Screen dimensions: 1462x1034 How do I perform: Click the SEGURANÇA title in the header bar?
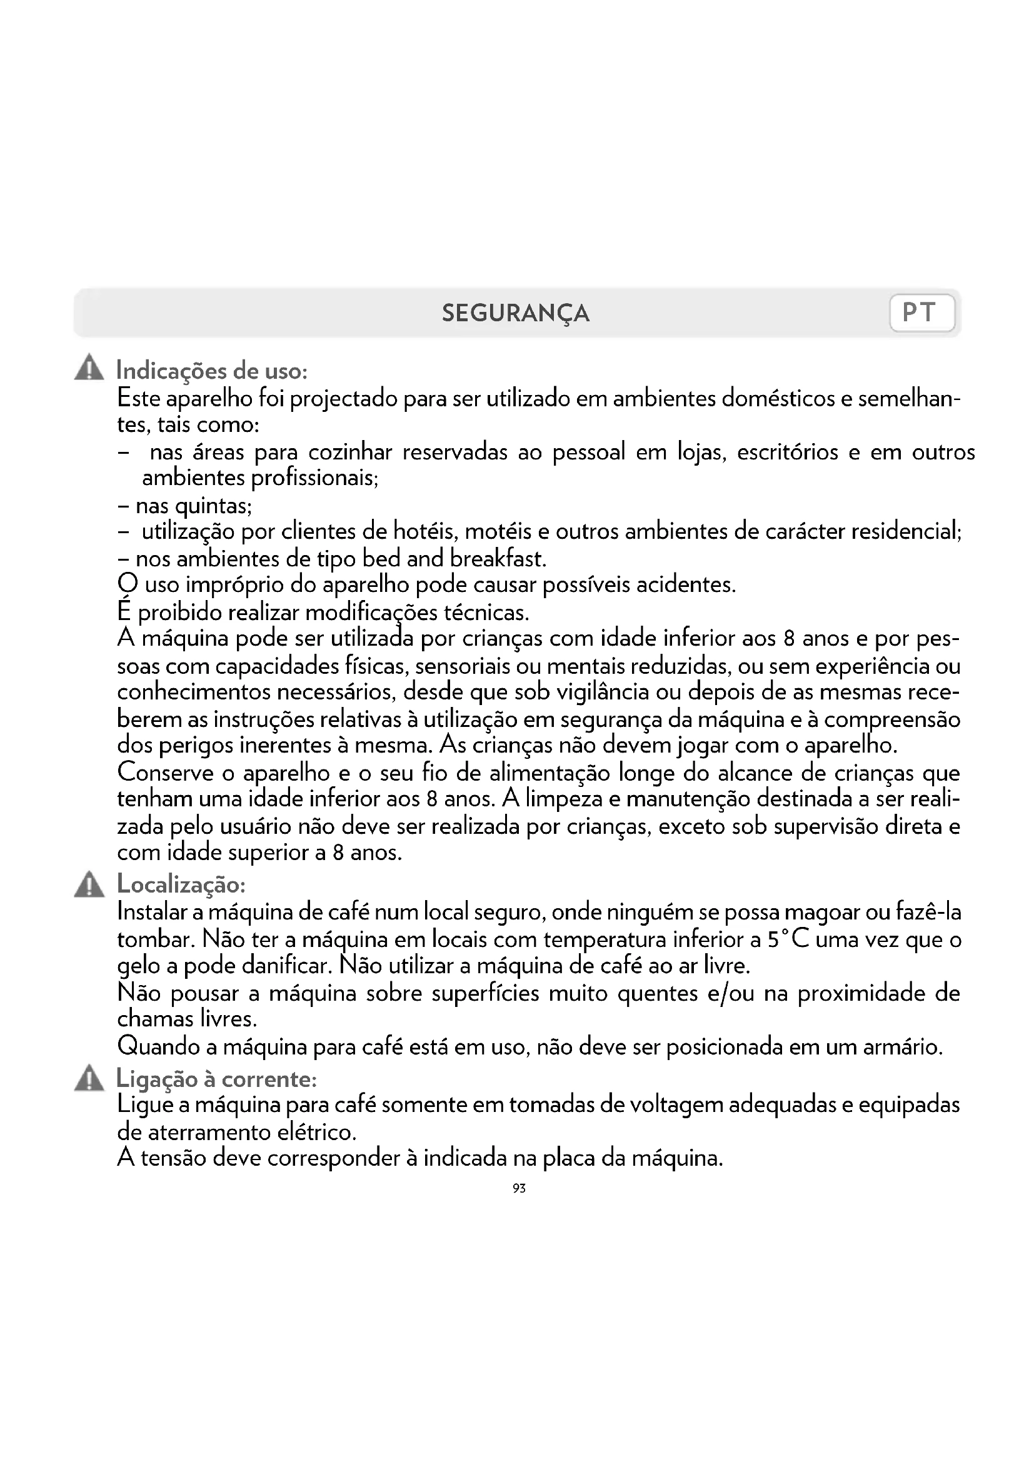(516, 313)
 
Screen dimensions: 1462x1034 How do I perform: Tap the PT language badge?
(921, 313)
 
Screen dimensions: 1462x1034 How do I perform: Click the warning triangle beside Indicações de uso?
(89, 369)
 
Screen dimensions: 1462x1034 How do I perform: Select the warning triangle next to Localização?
(89, 885)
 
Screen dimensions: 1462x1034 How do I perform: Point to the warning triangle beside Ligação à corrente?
(89, 1079)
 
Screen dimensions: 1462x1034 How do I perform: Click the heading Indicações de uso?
(212, 371)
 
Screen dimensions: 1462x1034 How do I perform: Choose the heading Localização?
(181, 884)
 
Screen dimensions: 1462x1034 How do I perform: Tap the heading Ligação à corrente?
(216, 1079)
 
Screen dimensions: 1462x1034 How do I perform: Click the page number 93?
(519, 1188)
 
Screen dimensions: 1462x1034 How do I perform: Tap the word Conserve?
(166, 773)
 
